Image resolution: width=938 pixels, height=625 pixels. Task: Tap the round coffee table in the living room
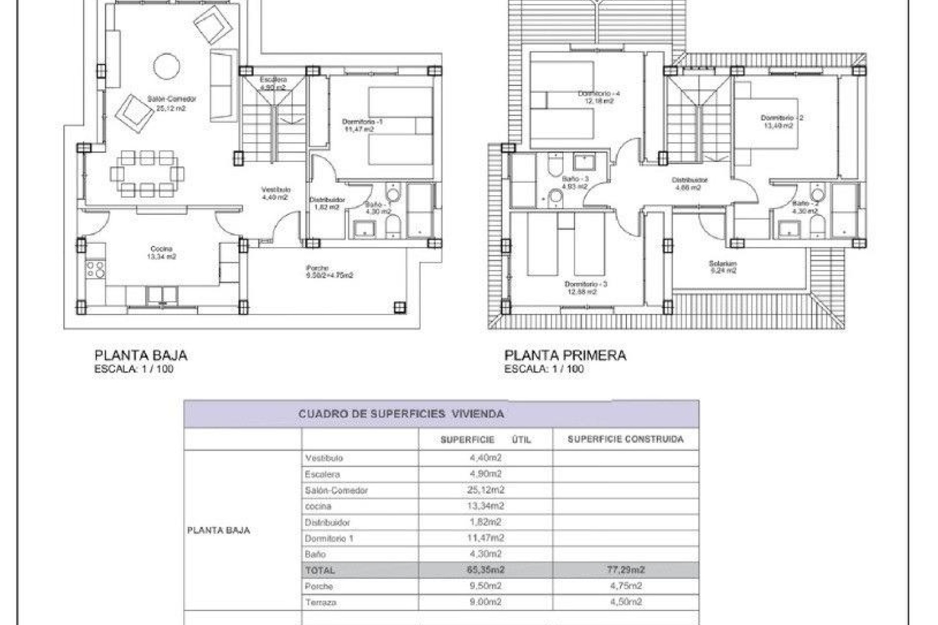click(167, 66)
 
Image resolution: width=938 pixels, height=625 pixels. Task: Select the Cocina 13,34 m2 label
click(161, 252)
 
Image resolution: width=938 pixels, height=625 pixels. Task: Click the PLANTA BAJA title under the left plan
click(141, 355)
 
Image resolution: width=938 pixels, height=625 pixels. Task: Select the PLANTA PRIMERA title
click(565, 355)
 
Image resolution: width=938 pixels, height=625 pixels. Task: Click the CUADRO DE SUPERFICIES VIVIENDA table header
click(401, 414)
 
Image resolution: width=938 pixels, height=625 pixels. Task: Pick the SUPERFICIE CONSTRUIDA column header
click(625, 439)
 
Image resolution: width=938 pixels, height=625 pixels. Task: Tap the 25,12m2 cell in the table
click(485, 490)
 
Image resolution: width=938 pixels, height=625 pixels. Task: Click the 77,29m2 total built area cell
click(626, 570)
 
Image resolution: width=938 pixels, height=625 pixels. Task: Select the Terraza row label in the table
click(320, 603)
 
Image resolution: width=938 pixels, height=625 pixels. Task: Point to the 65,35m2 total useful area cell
click(485, 570)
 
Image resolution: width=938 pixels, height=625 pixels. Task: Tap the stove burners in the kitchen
click(95, 270)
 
